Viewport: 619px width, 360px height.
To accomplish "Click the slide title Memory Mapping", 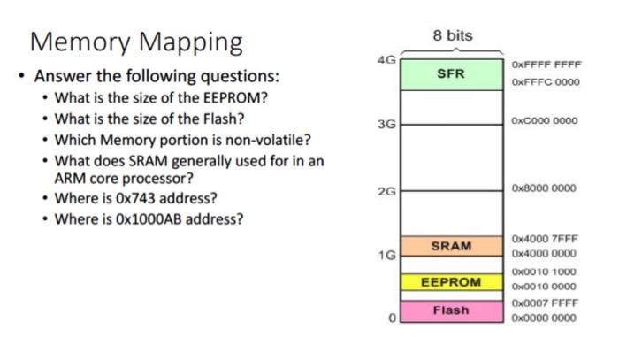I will tap(136, 41).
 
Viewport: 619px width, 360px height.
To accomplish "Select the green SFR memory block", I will tap(451, 74).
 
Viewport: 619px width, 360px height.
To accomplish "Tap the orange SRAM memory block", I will tap(451, 246).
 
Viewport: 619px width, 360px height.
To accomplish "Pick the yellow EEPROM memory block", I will tap(451, 282).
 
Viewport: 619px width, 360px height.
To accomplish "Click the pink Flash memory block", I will tap(451, 310).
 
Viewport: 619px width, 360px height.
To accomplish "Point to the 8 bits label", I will tap(453, 36).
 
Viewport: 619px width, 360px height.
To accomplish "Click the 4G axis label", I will tap(386, 60).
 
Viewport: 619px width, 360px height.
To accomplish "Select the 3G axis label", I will tap(386, 125).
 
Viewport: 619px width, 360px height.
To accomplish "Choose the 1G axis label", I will tap(386, 255).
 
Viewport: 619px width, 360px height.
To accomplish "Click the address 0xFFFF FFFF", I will tap(544, 65).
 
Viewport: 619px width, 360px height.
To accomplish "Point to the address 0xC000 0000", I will tap(544, 121).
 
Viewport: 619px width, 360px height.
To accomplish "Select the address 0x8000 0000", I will tap(544, 188).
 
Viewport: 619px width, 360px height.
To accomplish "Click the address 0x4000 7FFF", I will tap(544, 239).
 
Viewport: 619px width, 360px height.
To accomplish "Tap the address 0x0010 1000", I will tap(544, 272).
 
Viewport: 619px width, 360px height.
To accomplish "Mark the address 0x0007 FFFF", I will tap(544, 303).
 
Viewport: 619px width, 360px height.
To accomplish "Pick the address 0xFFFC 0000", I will tap(544, 81).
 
